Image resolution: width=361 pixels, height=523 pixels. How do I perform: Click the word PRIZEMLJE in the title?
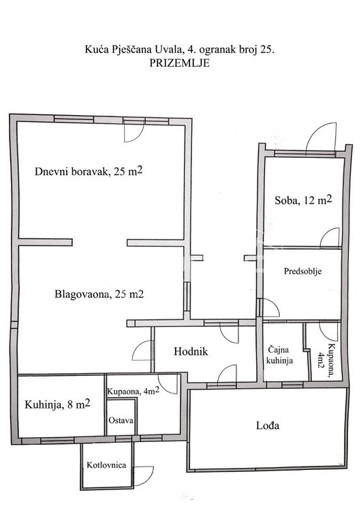point(180,63)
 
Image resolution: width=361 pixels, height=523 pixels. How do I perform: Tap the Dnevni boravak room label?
point(89,172)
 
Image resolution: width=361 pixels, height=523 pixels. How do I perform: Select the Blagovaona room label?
point(99,294)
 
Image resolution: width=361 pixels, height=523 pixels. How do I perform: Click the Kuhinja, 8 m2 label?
point(57,405)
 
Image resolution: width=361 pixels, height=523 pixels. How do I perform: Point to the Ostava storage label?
point(121,420)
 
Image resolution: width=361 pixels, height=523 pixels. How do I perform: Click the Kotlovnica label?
point(106,465)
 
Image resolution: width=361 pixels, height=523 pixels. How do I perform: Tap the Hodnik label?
point(191,351)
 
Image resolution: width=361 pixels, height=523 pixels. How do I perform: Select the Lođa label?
point(268,425)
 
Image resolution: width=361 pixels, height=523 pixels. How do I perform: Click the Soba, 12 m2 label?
point(303,200)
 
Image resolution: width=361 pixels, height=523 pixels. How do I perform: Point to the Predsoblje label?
point(302,271)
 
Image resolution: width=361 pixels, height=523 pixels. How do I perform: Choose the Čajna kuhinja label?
point(280,355)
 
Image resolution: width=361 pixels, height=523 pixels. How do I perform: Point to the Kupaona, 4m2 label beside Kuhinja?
point(133,391)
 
